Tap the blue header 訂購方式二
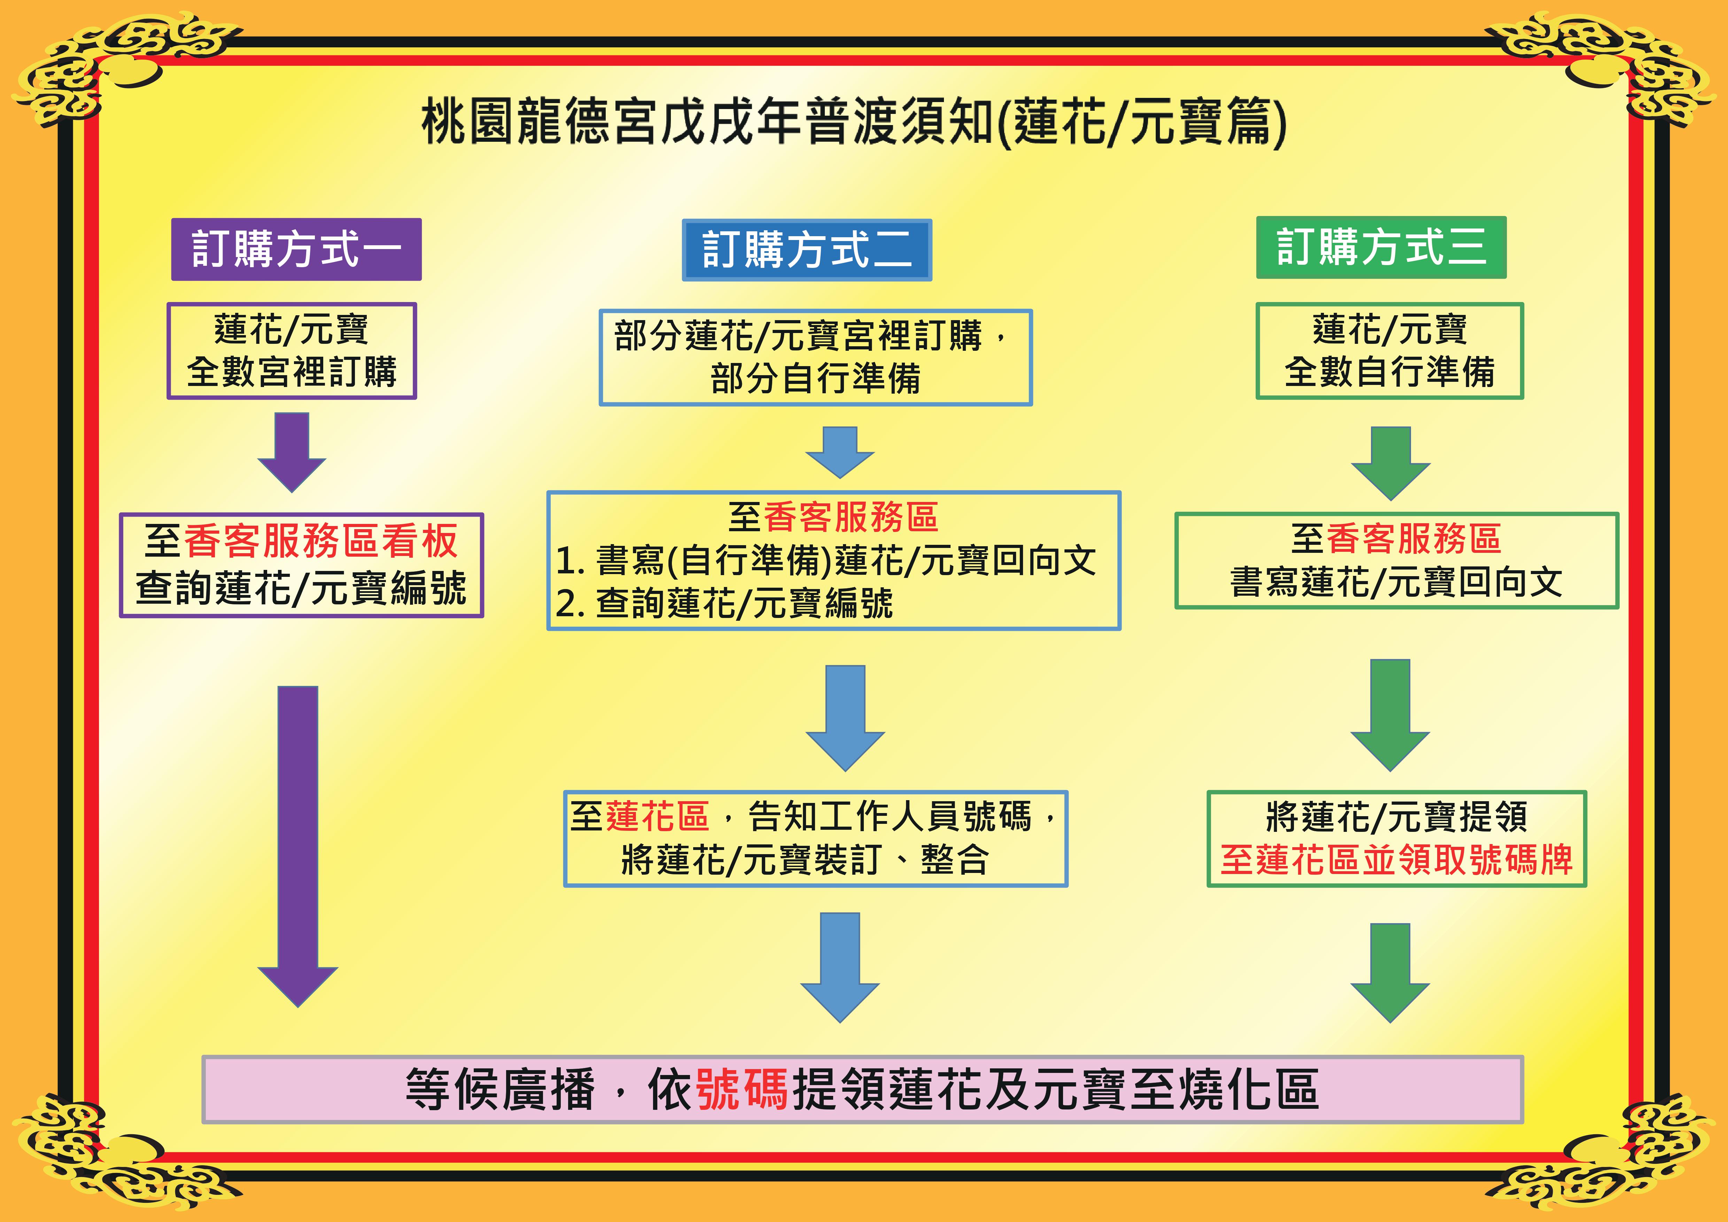(x=807, y=250)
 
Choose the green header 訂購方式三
(x=1381, y=248)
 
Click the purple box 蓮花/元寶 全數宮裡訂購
(x=291, y=351)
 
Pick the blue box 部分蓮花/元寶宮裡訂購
(x=815, y=357)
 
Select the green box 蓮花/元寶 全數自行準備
(x=1389, y=351)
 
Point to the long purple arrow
(x=298, y=846)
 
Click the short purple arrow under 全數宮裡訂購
(x=292, y=452)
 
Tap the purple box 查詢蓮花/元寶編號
(x=301, y=565)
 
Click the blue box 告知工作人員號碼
(x=815, y=838)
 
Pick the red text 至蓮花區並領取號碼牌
(x=1396, y=859)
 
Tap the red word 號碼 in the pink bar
(x=742, y=1089)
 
